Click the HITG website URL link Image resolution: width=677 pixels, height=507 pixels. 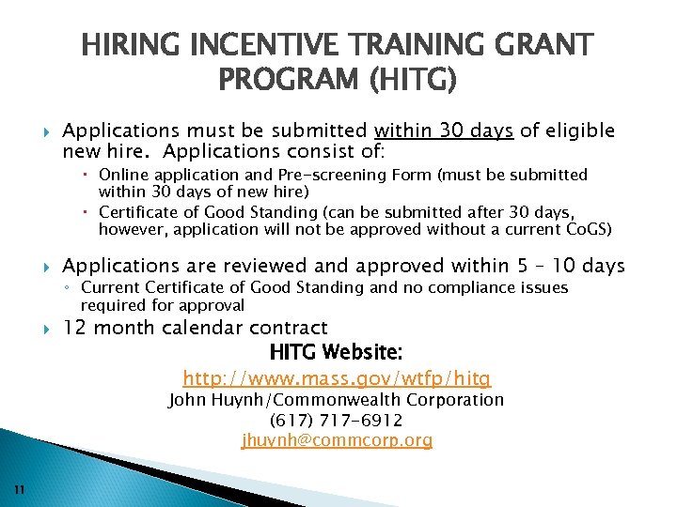pyautogui.click(x=337, y=378)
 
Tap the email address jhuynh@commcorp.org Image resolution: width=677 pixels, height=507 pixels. pyautogui.click(x=337, y=440)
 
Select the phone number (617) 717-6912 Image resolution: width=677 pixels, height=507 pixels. pyautogui.click(x=337, y=420)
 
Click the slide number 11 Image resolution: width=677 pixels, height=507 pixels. pyautogui.click(x=20, y=488)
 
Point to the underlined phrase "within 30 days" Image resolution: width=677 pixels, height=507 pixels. pyautogui.click(x=443, y=131)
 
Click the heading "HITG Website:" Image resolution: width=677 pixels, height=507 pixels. pyautogui.click(x=337, y=353)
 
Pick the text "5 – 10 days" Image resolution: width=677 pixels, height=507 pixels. pyautogui.click(x=570, y=266)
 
